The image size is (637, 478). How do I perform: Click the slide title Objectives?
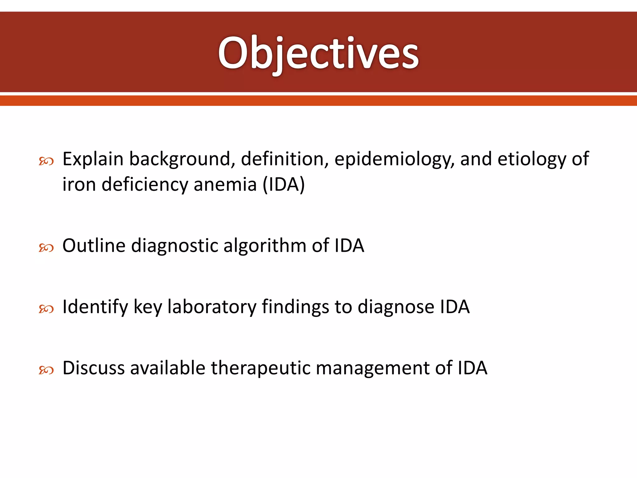point(318,53)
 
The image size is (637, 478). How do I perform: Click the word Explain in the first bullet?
point(93,159)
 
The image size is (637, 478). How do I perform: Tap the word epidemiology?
point(394,159)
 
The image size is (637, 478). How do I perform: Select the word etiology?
point(531,159)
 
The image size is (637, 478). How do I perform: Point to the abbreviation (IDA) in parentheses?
point(284,185)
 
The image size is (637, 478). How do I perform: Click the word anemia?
point(225,185)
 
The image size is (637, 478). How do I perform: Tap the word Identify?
point(95,307)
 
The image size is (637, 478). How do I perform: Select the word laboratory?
point(212,307)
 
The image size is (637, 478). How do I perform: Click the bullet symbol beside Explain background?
point(46,161)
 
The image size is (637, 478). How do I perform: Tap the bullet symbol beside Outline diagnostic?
point(46,248)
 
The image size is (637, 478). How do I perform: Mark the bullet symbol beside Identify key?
point(46,309)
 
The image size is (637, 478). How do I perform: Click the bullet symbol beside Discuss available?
point(46,370)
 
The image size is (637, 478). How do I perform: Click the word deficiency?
point(145,185)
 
